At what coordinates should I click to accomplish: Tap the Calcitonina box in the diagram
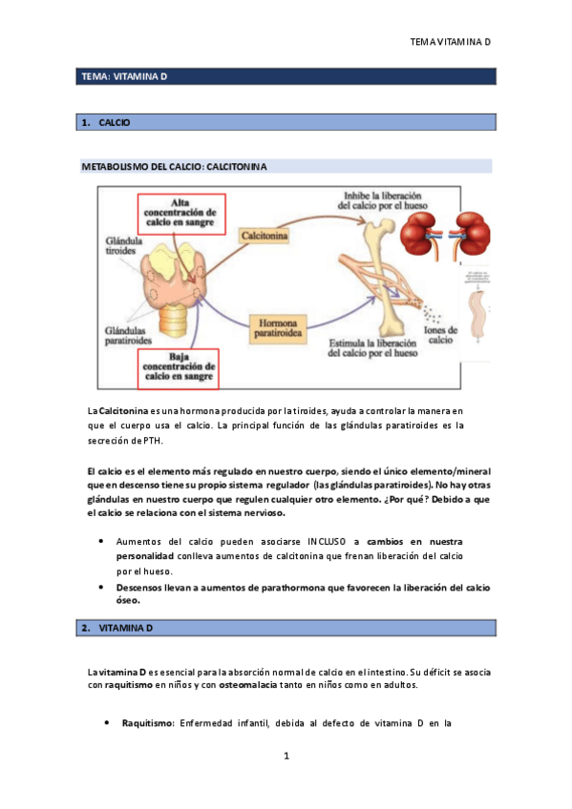click(x=266, y=233)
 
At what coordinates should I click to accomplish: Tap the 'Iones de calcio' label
click(x=440, y=335)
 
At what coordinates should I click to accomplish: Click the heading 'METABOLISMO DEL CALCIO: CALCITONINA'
click(x=174, y=166)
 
